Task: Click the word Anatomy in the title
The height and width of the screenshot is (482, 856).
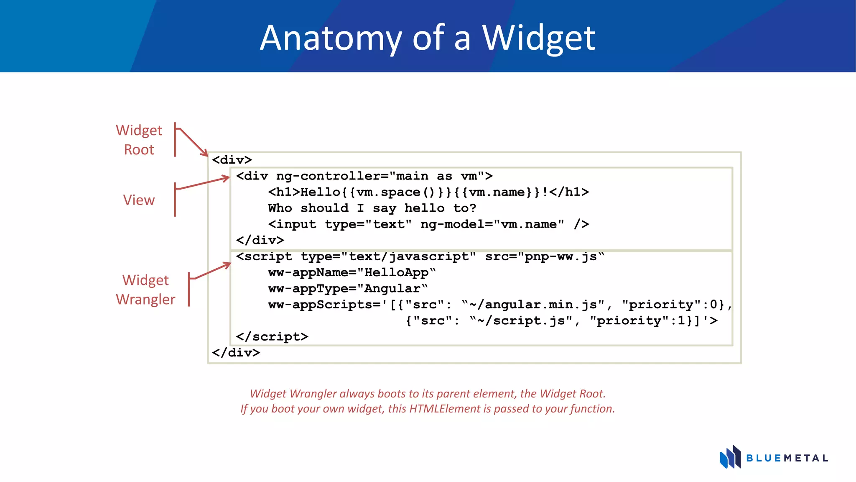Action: click(x=330, y=38)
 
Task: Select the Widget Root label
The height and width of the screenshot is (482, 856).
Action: click(x=139, y=140)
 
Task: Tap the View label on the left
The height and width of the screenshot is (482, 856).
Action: click(x=139, y=200)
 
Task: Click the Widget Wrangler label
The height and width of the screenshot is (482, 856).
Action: click(x=145, y=290)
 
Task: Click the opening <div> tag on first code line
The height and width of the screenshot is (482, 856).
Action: click(x=232, y=160)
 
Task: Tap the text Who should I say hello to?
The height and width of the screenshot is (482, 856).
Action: click(x=372, y=208)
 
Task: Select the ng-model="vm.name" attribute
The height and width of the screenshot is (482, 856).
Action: click(x=492, y=224)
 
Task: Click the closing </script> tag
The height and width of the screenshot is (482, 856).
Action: click(x=272, y=337)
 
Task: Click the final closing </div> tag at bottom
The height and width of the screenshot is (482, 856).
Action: click(x=236, y=353)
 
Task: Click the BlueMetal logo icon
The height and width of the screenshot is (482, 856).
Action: click(x=730, y=457)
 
